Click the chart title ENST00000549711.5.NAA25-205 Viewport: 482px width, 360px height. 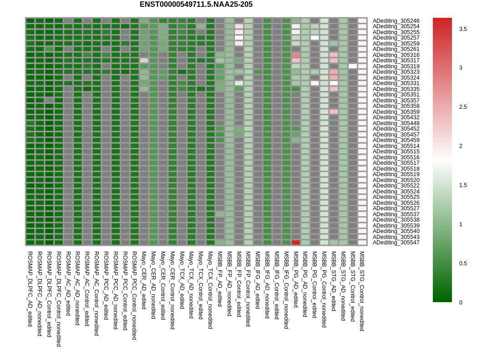click(196, 4)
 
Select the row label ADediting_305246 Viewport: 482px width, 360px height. click(396, 21)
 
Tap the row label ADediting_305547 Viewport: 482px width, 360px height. click(396, 243)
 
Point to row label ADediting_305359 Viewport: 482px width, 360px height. click(396, 112)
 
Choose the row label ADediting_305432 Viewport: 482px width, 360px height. click(396, 117)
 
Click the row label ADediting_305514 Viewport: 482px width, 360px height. click(396, 146)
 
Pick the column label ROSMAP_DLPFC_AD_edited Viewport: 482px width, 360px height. click(30, 289)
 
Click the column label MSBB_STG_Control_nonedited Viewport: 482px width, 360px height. click(362, 291)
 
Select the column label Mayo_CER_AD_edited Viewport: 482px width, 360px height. click(144, 280)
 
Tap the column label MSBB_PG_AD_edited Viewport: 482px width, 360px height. click(296, 279)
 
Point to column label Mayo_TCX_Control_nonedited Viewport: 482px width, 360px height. click(210, 290)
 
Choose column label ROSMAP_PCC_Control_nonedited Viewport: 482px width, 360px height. click(134, 295)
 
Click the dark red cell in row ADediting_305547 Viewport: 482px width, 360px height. click(296, 243)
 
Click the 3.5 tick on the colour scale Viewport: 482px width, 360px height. click(463, 29)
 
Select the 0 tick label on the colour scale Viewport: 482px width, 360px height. click(461, 303)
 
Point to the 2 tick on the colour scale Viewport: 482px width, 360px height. click(461, 146)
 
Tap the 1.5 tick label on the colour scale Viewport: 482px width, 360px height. click(463, 185)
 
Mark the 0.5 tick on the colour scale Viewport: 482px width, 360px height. click(463, 264)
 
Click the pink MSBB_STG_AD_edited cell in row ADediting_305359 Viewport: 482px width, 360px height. click(334, 112)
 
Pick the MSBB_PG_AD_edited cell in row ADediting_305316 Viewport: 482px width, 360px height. click(296, 55)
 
